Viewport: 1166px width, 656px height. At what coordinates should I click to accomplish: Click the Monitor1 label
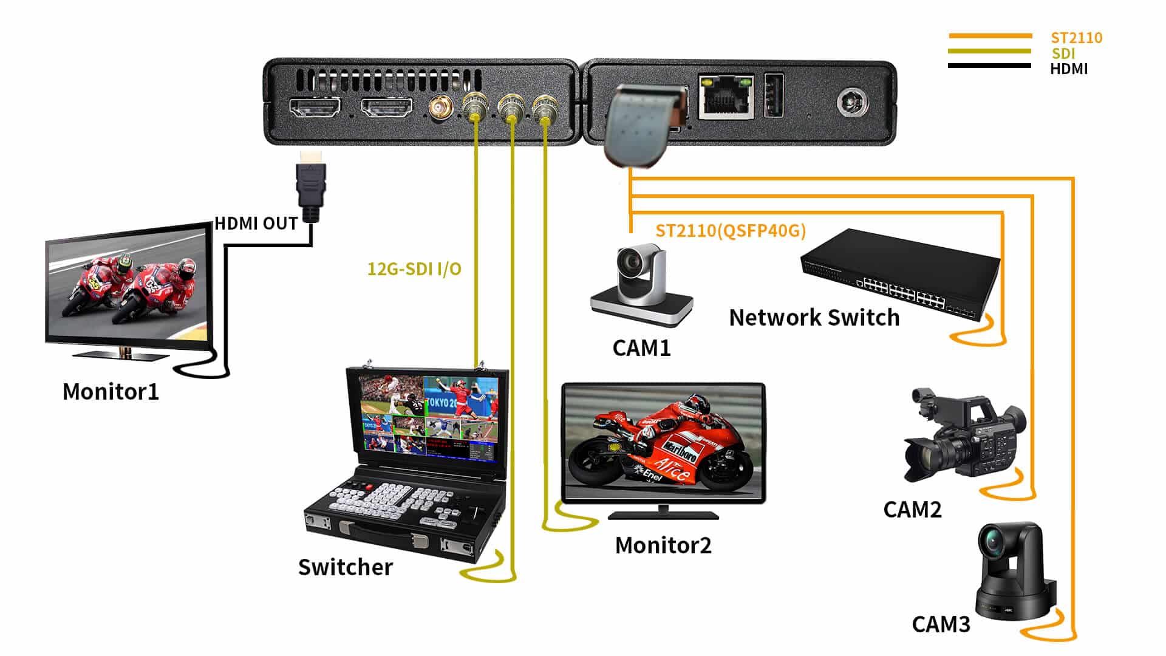(111, 392)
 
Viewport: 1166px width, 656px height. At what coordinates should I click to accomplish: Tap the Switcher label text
(346, 567)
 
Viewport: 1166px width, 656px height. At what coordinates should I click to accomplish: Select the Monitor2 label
(663, 545)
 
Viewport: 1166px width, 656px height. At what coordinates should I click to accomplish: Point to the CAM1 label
(641, 348)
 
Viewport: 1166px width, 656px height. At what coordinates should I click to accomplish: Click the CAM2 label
(912, 510)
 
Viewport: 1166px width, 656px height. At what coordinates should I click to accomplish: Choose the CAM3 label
(941, 624)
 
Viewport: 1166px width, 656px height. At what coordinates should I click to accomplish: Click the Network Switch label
(814, 318)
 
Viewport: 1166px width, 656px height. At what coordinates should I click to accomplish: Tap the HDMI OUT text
(256, 224)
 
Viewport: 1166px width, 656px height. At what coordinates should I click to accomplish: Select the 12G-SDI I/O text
(414, 268)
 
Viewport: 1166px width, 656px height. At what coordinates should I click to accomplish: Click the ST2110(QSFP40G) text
(731, 231)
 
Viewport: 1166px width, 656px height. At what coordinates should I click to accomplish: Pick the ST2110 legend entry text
(1077, 38)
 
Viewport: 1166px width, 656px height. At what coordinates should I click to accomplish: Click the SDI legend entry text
(1063, 53)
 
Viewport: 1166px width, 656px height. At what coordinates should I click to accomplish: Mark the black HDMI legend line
(990, 66)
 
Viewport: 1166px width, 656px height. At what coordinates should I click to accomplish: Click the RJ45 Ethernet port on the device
(726, 95)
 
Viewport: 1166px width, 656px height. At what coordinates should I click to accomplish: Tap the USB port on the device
(773, 94)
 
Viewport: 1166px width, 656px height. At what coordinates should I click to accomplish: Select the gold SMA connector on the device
(438, 109)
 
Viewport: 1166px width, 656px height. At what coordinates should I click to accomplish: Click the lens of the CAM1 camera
(630, 261)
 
